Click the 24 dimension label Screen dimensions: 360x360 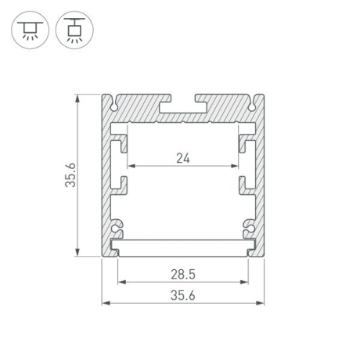point(182,157)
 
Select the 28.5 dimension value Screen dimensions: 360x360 point(182,275)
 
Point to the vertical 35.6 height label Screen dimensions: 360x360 point(70,177)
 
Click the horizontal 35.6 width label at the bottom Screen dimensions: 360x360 point(182,296)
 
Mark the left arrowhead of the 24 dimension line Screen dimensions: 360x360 point(131,166)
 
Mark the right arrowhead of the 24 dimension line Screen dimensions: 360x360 point(236,166)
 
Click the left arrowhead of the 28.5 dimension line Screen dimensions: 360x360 point(120,283)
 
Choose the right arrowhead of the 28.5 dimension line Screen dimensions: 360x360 point(247,283)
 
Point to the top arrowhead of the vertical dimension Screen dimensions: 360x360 point(77,99)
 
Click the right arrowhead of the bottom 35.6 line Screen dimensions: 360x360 point(261,303)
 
